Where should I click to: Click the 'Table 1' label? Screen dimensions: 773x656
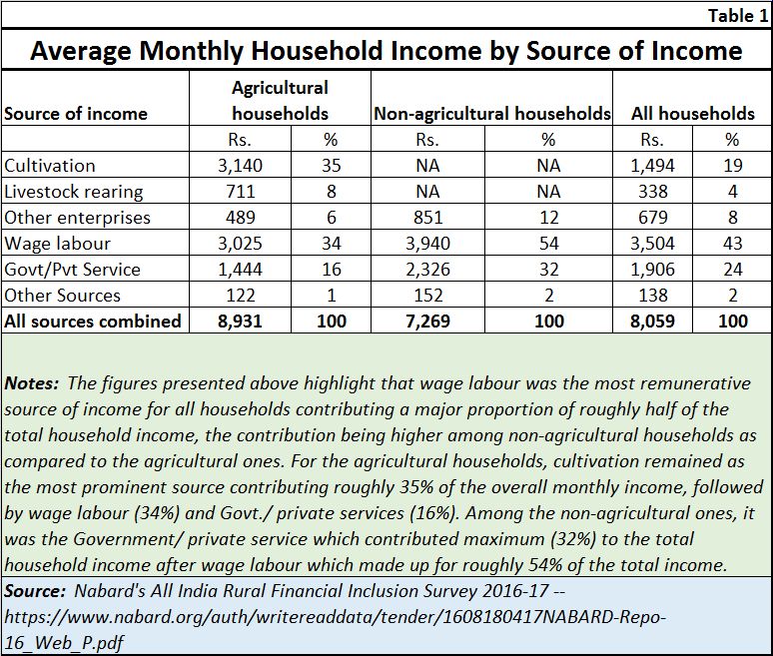coord(738,16)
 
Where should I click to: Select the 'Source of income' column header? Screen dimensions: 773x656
coord(76,114)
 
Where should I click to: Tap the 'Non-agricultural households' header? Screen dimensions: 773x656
coord(492,114)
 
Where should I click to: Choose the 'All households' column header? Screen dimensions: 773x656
coord(693,114)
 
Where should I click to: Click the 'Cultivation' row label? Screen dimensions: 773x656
coord(49,166)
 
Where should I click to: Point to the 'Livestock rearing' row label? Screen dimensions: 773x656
coord(74,192)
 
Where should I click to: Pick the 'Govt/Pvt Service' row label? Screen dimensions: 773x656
coord(72,270)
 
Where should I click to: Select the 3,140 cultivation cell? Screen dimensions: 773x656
coord(240,166)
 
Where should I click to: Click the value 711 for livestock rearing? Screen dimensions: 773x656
coord(241,192)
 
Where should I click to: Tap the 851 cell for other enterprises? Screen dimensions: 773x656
coord(427,218)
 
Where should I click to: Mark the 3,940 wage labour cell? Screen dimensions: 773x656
coord(427,244)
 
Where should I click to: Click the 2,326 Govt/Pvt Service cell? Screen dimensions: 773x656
coord(427,270)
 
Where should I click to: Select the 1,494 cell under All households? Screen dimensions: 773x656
coord(653,166)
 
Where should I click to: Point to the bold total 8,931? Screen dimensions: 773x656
coord(240,322)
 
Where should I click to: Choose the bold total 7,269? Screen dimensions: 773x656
coord(427,322)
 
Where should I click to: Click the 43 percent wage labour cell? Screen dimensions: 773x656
coord(733,244)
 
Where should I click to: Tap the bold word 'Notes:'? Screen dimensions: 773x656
coord(32,383)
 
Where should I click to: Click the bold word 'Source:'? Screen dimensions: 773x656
coord(35,591)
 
